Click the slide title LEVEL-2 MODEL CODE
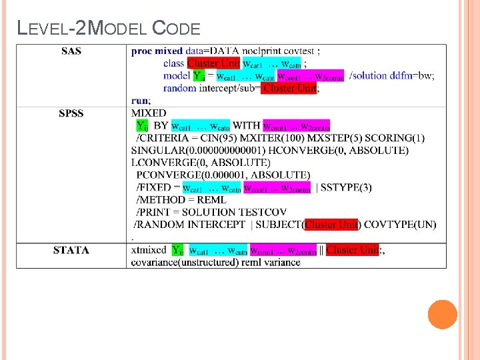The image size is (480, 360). click(109, 28)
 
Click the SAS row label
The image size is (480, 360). click(71, 51)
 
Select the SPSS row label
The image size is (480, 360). click(71, 113)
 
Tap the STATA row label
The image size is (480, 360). click(71, 250)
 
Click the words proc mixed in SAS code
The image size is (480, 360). click(157, 51)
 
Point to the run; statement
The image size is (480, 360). click(141, 101)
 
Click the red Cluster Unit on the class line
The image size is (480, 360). click(213, 63)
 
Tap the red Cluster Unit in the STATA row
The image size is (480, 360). click(351, 250)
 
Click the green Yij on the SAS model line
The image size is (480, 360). click(199, 76)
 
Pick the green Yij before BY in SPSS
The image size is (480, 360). click(142, 125)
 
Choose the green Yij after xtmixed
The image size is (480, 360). click(177, 250)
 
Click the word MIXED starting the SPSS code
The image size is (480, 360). click(149, 113)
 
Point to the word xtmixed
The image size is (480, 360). click(149, 250)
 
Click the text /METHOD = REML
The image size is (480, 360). click(181, 199)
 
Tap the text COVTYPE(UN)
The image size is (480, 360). click(400, 225)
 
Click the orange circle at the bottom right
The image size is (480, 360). click(442, 314)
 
